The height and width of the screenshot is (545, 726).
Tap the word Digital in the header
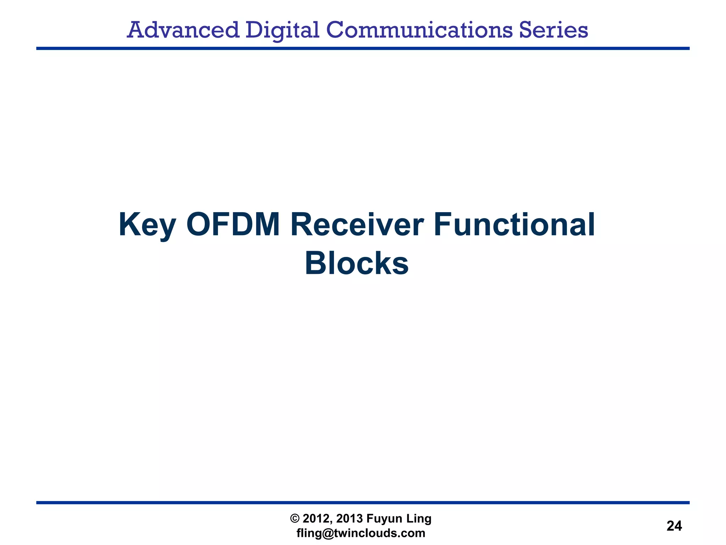pyautogui.click(x=282, y=30)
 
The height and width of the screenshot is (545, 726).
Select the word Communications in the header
pyautogui.click(x=419, y=30)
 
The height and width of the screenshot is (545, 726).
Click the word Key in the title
pyautogui.click(x=147, y=225)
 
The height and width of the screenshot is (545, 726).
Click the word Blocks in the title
pyautogui.click(x=357, y=264)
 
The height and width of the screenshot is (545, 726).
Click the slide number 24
pyautogui.click(x=674, y=526)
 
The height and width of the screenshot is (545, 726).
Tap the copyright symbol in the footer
pyautogui.click(x=295, y=519)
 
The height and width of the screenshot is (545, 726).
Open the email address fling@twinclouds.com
pyautogui.click(x=361, y=533)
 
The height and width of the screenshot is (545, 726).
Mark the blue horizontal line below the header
pyautogui.click(x=363, y=48)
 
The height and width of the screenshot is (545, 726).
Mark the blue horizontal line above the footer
pyautogui.click(x=363, y=502)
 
